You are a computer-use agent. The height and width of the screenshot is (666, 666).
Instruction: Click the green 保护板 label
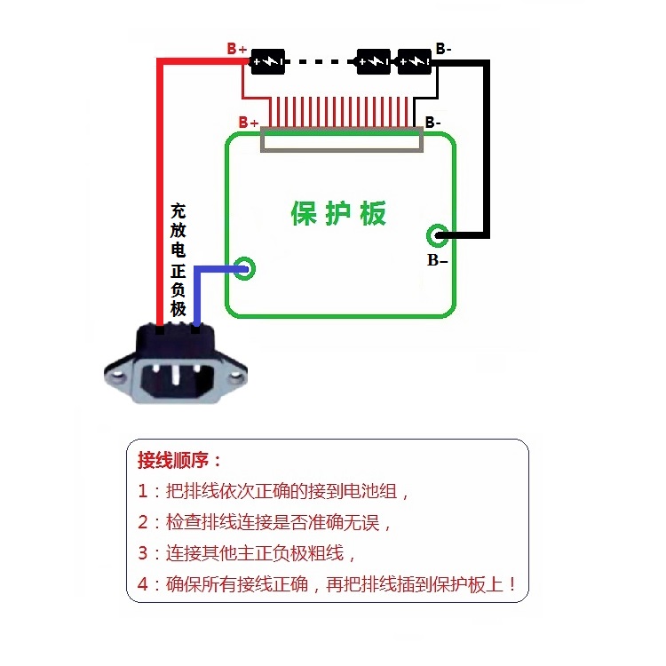point(338,213)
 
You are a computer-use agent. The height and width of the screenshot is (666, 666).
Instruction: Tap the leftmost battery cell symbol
point(267,61)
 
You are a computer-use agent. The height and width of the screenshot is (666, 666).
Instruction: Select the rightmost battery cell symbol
point(414,61)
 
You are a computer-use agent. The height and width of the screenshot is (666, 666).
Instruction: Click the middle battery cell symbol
point(373,61)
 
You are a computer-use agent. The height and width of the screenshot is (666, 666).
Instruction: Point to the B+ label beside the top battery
point(236,49)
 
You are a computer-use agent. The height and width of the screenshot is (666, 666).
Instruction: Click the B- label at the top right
point(443,49)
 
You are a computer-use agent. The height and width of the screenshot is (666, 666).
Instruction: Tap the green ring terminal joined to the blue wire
point(242,267)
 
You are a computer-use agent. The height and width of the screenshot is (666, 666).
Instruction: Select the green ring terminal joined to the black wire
point(437,235)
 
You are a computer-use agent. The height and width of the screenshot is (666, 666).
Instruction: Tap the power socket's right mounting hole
point(235,377)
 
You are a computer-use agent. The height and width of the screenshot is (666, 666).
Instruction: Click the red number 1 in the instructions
point(143,490)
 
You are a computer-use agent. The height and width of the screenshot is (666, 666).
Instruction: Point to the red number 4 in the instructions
point(143,585)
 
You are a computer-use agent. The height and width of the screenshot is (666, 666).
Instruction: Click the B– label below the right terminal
point(437,260)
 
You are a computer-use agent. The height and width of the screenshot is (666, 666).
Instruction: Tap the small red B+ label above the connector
point(249,122)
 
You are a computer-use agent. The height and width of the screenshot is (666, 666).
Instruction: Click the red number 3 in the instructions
point(143,553)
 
